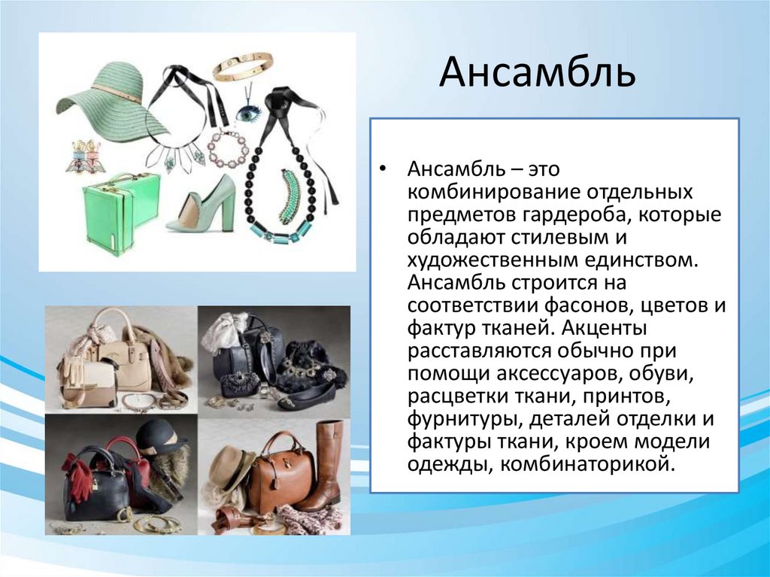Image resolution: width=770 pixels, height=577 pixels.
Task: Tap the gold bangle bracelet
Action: tap(242, 66)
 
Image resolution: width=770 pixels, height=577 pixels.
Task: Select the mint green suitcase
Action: tap(120, 212)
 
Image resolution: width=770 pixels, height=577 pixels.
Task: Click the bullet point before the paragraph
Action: tap(384, 170)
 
